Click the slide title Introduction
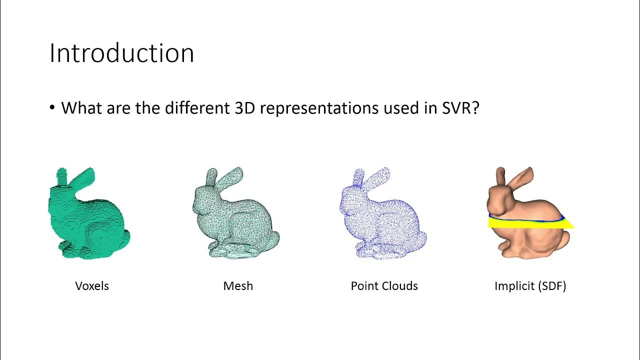121,53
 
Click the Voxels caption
92,286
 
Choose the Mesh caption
238,286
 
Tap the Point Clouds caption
384,286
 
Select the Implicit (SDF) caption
530,286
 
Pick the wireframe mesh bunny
235,220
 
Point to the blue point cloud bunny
382,220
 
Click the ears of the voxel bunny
75,177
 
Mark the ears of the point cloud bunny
370,177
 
